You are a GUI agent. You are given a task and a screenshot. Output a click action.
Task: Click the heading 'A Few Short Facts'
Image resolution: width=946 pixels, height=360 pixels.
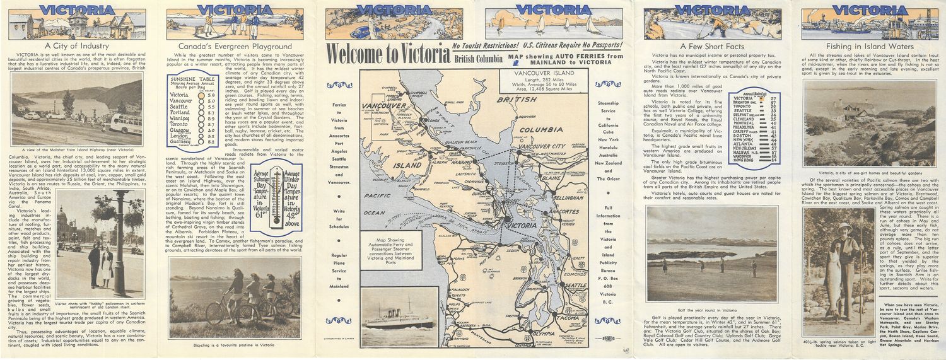pyautogui.click(x=711, y=47)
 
